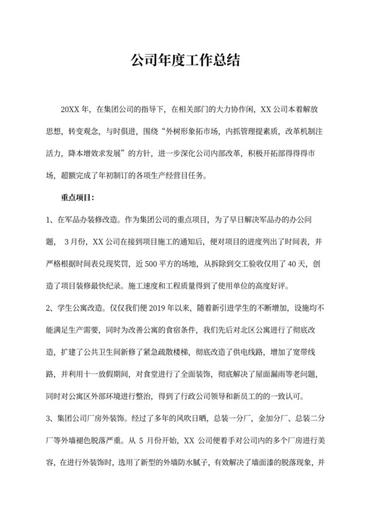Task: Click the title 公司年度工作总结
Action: tap(185, 61)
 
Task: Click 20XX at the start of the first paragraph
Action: tap(70, 108)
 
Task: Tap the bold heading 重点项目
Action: tap(78, 197)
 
